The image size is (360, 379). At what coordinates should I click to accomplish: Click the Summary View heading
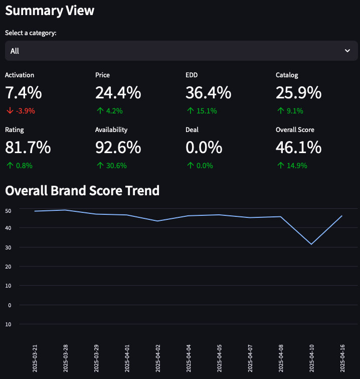click(50, 10)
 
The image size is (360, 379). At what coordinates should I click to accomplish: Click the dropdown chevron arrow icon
click(347, 51)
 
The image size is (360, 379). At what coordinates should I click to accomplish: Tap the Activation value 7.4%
click(23, 93)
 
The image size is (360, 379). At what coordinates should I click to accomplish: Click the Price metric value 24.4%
click(118, 93)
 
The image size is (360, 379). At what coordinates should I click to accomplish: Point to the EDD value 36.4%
click(208, 93)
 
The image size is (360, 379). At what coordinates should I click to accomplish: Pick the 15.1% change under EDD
click(206, 111)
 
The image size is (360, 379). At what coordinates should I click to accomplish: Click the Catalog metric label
click(287, 75)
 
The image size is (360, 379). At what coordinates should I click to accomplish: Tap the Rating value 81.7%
click(28, 148)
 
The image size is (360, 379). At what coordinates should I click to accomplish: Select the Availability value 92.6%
click(118, 148)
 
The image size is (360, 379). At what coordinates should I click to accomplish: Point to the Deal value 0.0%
click(204, 148)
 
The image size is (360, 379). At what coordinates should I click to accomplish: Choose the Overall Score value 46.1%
click(298, 148)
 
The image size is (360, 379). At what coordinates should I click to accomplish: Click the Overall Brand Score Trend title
click(82, 191)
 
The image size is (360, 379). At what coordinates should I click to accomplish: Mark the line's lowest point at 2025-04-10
click(311, 244)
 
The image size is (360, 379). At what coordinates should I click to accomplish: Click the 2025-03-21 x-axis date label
click(35, 358)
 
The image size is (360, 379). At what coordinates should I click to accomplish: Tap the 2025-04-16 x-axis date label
click(342, 358)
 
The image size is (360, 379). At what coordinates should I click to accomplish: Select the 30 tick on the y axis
click(8, 247)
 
